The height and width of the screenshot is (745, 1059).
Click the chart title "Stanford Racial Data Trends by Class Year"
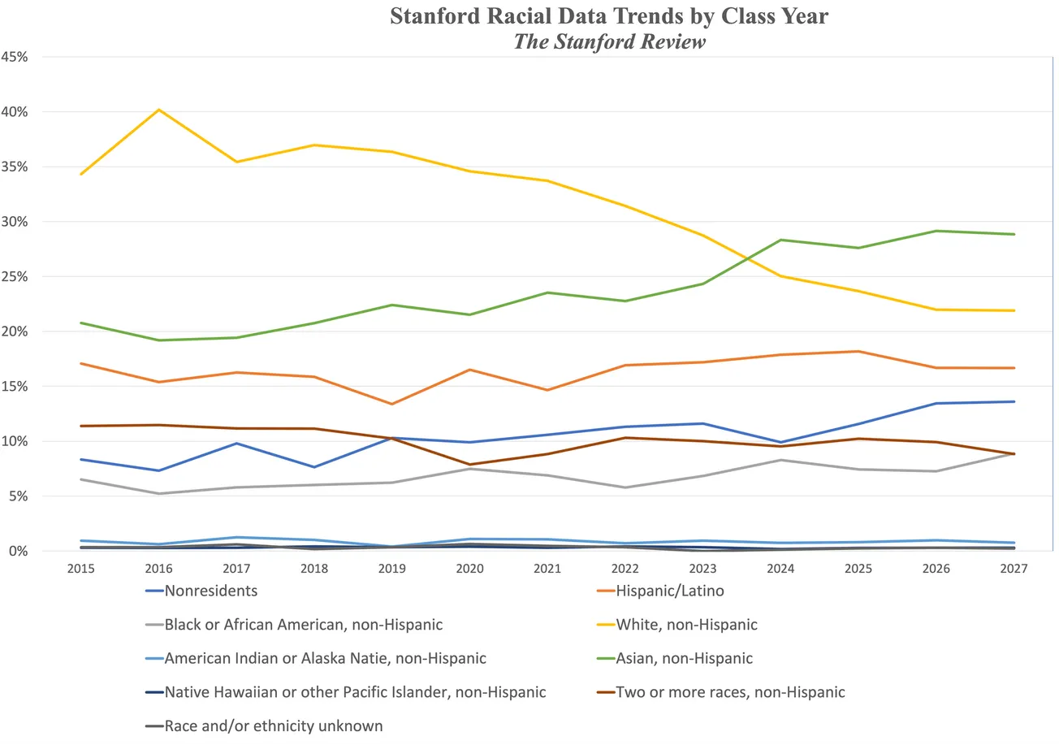[x=609, y=16]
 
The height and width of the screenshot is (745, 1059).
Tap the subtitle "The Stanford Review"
[x=609, y=42]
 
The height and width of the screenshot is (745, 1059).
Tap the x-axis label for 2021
[x=547, y=569]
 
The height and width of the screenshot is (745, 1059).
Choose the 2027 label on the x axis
[x=1014, y=569]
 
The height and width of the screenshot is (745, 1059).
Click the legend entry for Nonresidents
[x=210, y=591]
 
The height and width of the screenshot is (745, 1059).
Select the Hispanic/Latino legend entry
[x=669, y=591]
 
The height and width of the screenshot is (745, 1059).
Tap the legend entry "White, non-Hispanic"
[x=686, y=625]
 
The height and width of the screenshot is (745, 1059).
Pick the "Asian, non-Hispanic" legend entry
[x=684, y=658]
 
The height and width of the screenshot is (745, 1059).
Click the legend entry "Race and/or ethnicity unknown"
[x=273, y=726]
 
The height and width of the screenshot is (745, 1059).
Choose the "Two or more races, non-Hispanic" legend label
[x=730, y=692]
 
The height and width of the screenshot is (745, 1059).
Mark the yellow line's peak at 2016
[x=159, y=110]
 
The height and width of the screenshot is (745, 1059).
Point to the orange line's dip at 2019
[x=392, y=404]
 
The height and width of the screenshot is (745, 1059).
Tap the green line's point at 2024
[x=780, y=240]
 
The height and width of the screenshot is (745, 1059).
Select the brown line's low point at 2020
[x=469, y=465]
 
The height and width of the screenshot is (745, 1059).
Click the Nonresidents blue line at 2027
[x=1014, y=401]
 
